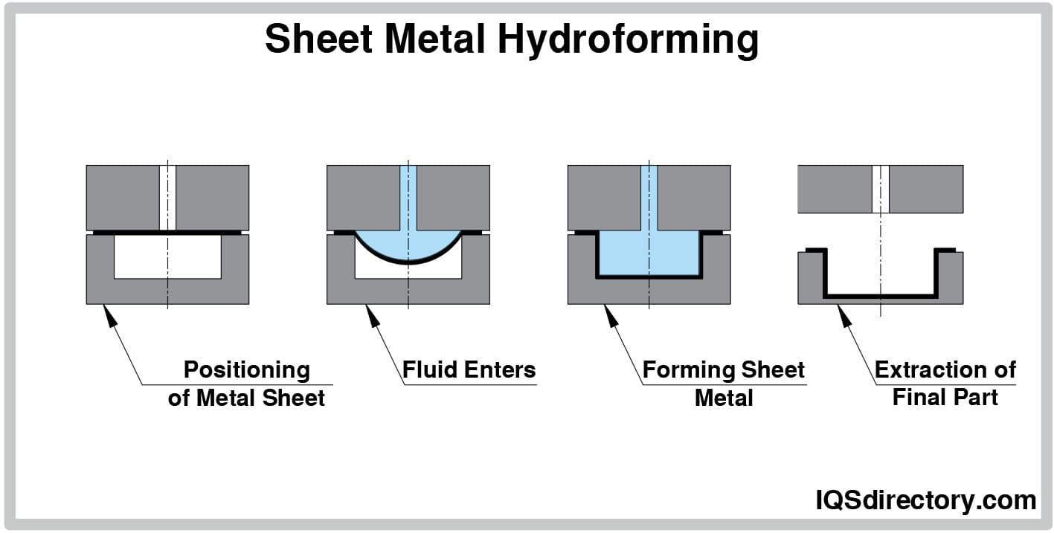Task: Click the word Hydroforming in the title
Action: [x=628, y=39]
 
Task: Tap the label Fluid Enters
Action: [x=469, y=369]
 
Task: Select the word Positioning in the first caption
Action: [x=246, y=369]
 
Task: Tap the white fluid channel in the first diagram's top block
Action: [x=167, y=197]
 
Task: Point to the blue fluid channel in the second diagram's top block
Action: [x=408, y=197]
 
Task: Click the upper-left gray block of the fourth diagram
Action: [x=834, y=189]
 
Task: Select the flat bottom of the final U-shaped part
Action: [x=881, y=296]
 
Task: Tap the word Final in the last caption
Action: [x=919, y=397]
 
